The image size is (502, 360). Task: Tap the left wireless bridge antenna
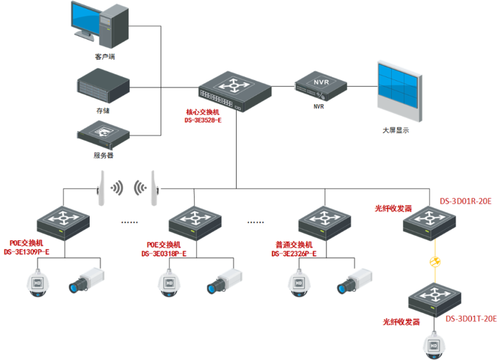(x=99, y=188)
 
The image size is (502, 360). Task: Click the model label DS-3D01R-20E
(x=465, y=201)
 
